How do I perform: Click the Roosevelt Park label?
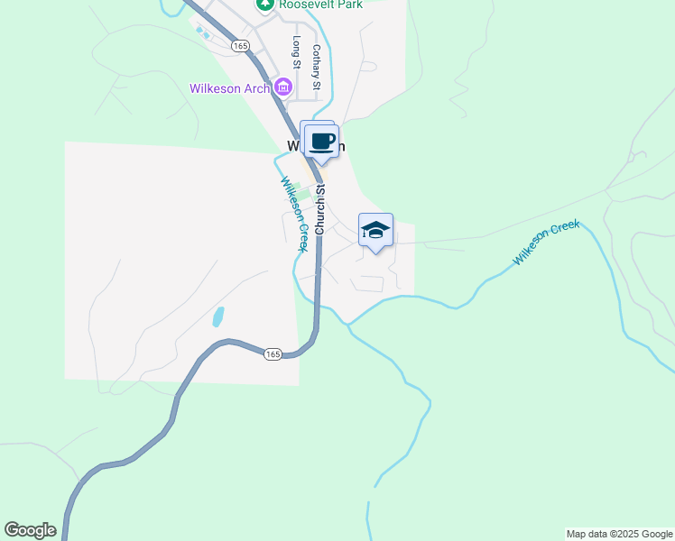(320, 5)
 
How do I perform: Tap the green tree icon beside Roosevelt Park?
(264, 4)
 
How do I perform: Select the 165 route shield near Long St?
(239, 45)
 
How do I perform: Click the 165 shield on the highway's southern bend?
(273, 354)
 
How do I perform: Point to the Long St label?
(296, 53)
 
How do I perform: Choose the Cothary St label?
(317, 68)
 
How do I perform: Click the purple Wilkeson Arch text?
(229, 87)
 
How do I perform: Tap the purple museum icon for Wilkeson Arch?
(283, 87)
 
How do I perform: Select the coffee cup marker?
(322, 142)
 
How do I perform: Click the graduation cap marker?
(375, 230)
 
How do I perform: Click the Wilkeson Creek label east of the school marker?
(545, 243)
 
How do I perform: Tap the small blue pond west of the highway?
(218, 316)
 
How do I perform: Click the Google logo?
(30, 530)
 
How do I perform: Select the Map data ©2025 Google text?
(619, 534)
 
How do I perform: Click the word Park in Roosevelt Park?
(347, 5)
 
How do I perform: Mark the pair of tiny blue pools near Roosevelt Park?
(202, 32)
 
